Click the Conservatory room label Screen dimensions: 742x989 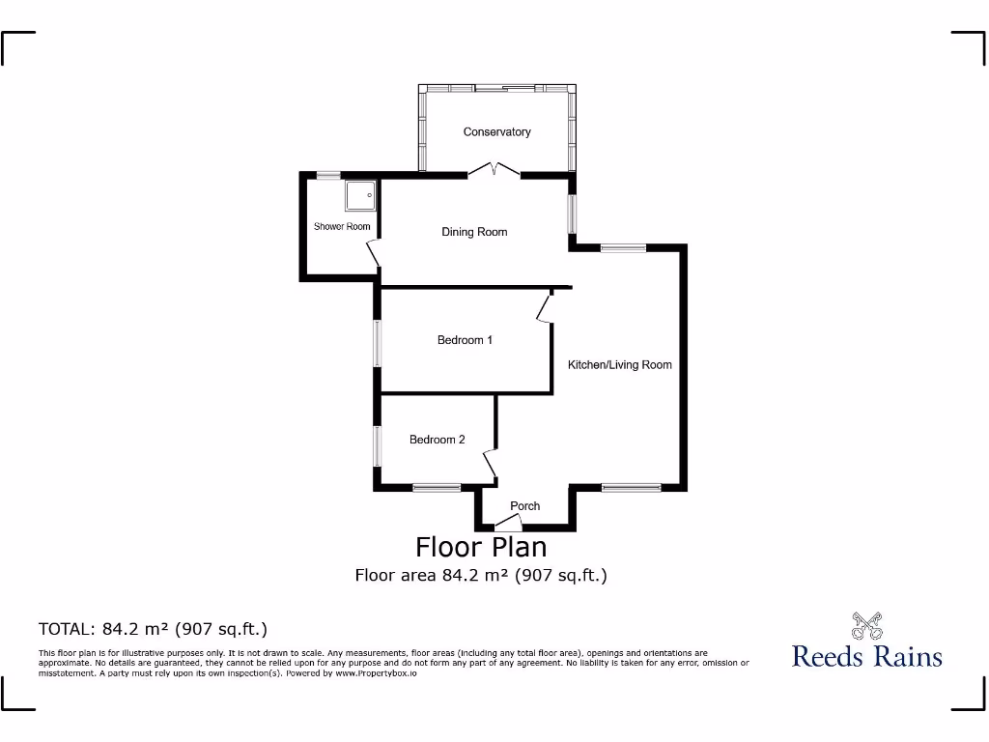tap(496, 131)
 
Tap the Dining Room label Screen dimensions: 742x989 tap(474, 232)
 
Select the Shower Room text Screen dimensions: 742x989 tap(342, 227)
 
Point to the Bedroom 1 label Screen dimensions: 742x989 tap(465, 340)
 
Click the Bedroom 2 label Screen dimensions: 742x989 tap(437, 440)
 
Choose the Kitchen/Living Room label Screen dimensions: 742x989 tap(619, 364)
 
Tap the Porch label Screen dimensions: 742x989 tap(524, 506)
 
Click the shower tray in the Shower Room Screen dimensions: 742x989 tap(359, 195)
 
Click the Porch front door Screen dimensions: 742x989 tap(508, 524)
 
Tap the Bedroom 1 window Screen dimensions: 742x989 tap(378, 343)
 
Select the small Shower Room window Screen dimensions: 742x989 tap(328, 175)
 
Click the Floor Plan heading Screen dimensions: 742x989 tap(481, 547)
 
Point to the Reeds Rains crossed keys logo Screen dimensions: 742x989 tap(866, 625)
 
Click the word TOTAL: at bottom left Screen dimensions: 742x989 tap(67, 629)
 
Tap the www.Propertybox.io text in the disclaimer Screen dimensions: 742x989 tap(376, 672)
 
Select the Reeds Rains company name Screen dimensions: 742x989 tap(866, 656)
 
